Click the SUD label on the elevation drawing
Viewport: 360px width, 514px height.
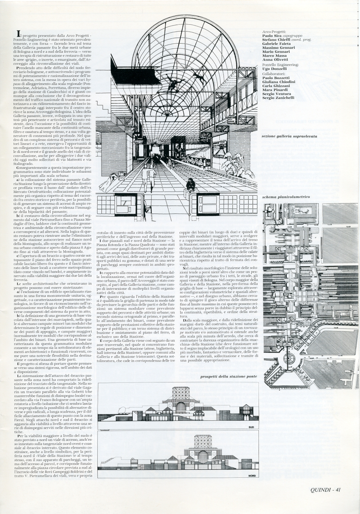tap(252, 427)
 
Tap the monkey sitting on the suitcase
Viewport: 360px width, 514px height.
tap(191, 185)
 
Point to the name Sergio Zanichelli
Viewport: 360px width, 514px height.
tap(278, 98)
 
